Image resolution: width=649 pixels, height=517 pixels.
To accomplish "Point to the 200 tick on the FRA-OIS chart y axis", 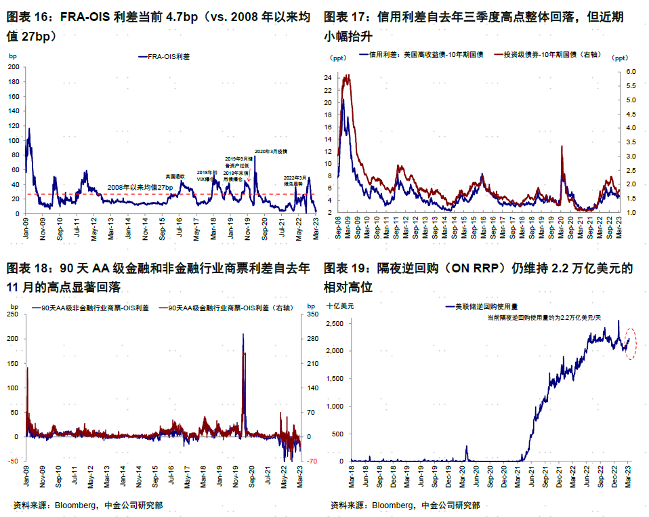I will click(x=14, y=67).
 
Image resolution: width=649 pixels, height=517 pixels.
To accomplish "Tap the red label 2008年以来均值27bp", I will click(x=140, y=187).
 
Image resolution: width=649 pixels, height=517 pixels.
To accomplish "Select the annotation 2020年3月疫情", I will click(x=271, y=151).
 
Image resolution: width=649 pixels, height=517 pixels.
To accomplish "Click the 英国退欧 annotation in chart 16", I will click(x=175, y=176).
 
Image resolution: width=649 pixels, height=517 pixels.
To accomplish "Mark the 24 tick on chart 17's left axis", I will click(x=327, y=78).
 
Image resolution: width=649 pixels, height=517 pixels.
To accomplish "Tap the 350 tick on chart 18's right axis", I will click(x=312, y=315).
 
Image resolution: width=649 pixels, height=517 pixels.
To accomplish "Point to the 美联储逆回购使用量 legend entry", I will click(x=486, y=307).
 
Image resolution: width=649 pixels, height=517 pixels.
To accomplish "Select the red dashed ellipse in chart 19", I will click(x=631, y=344).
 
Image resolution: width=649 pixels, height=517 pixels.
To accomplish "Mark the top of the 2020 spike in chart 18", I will click(x=243, y=333).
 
